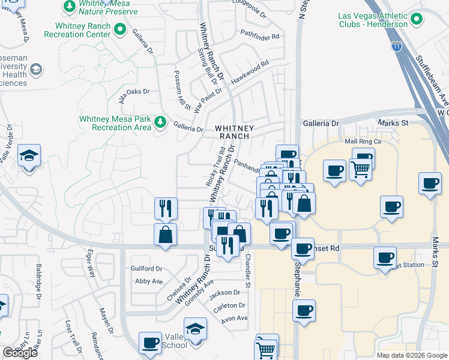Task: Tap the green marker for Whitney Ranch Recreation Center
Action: pos(119,28)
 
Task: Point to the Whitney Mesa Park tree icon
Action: pos(160,122)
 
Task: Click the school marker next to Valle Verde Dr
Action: pos(29,157)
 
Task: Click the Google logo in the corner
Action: pos(20,353)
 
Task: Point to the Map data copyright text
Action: pos(411,355)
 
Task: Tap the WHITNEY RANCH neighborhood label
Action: pos(235,132)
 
